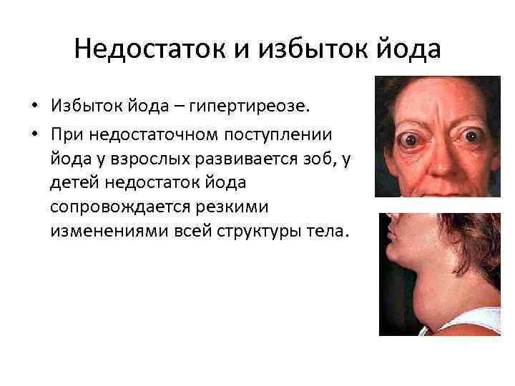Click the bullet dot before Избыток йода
34,107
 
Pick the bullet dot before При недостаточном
34,134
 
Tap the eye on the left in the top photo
413,140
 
